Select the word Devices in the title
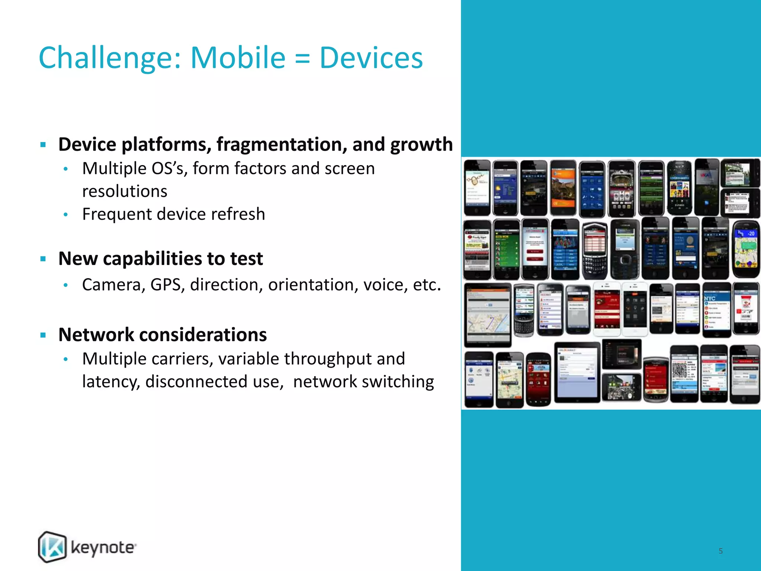click(371, 58)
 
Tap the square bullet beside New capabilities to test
click(43, 259)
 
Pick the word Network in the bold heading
click(96, 335)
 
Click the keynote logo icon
click(52, 547)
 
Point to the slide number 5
click(720, 551)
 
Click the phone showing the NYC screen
click(716, 310)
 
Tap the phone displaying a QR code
click(684, 374)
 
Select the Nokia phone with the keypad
click(625, 249)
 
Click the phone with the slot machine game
click(622, 188)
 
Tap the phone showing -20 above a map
click(746, 249)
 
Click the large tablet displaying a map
click(487, 314)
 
